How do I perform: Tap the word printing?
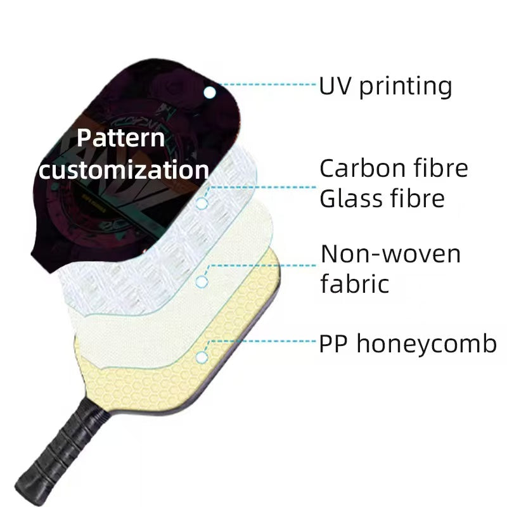406,87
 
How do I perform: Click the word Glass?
351,198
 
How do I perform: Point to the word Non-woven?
390,254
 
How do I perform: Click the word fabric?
355,283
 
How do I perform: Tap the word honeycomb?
427,343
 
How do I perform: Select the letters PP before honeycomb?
333,343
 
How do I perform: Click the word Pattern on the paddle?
121,138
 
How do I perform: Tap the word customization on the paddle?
124,169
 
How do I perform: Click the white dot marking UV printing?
210,93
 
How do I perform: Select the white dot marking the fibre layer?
202,203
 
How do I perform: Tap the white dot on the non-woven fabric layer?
202,281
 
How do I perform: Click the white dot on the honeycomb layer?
202,357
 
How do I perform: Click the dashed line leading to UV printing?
267,85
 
